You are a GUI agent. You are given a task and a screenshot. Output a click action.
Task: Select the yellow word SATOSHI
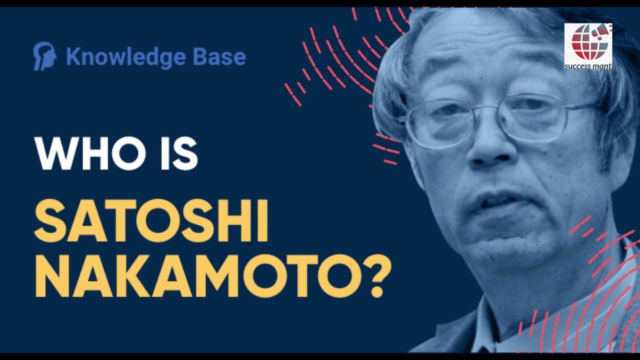coord(151,220)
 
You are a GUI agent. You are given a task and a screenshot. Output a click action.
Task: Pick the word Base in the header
coord(219,56)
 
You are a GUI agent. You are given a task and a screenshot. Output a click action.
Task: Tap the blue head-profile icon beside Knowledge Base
coord(44,56)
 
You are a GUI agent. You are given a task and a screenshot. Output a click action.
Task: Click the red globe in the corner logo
coord(585,43)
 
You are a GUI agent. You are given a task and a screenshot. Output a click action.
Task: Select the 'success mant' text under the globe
coord(588,66)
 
